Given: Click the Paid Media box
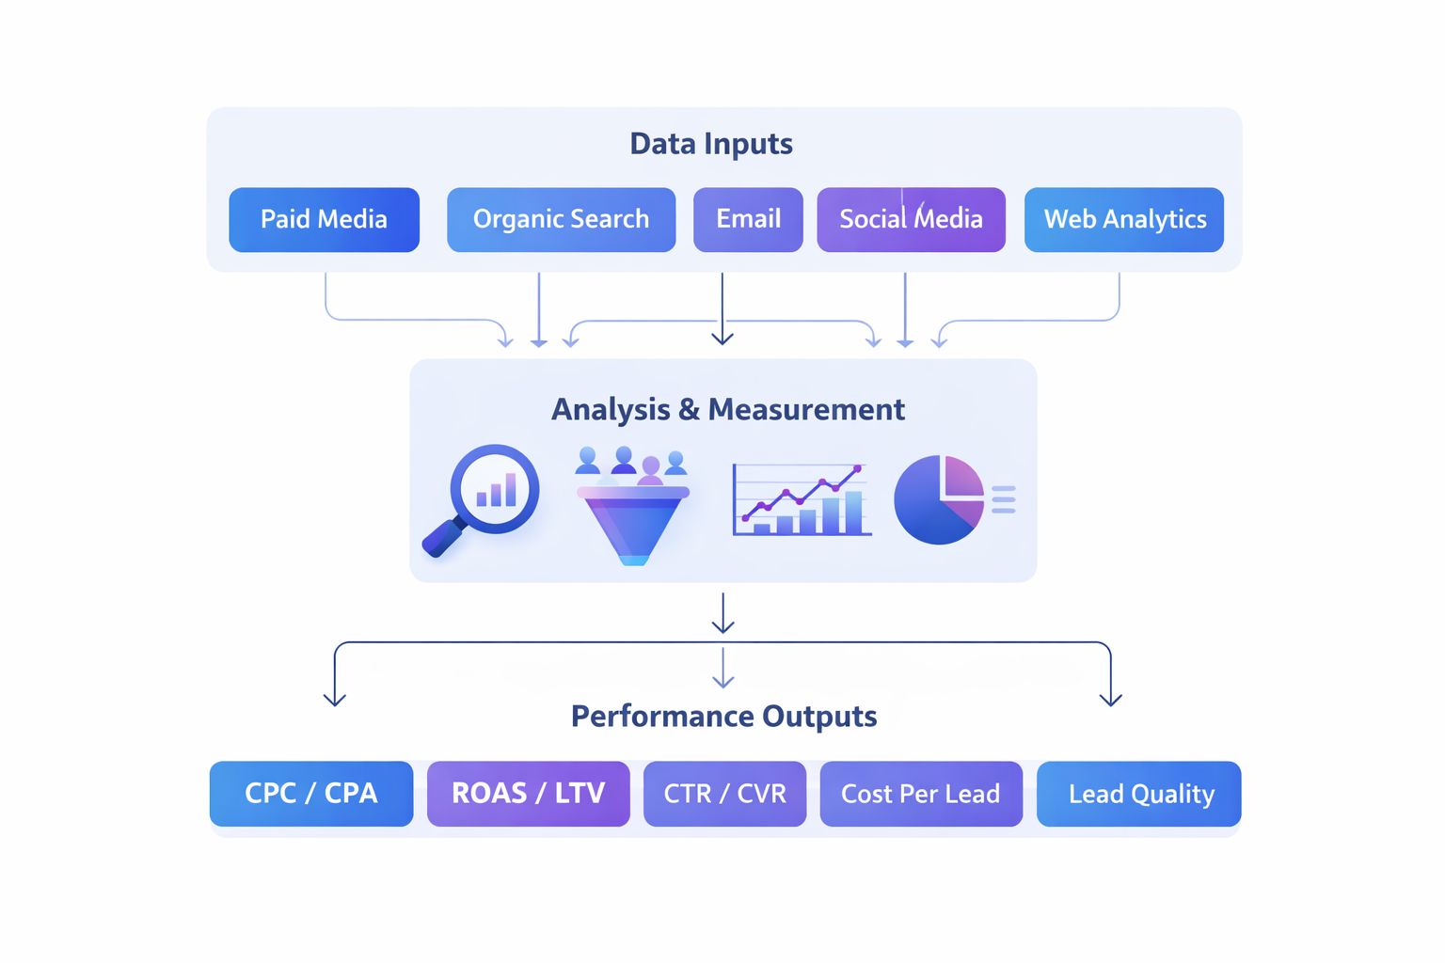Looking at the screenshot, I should (324, 219).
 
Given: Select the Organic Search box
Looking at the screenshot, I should (561, 219).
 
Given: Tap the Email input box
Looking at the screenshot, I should (748, 219).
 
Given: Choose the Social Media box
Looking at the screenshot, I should (911, 219).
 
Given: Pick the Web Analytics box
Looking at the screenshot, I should (1123, 219).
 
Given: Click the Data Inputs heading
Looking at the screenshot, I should (711, 144).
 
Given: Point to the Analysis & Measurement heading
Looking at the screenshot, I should (727, 409).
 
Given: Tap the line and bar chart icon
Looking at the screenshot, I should (802, 501).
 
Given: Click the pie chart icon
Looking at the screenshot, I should (939, 499).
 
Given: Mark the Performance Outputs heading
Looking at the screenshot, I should (723, 716).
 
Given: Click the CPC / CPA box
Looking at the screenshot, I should (311, 794).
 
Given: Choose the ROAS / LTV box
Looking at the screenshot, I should (528, 794).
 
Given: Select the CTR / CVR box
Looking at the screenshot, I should (724, 794).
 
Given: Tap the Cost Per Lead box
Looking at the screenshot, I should (920, 794).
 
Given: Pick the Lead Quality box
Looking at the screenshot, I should (1138, 794).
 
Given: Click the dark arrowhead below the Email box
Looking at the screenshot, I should (722, 338).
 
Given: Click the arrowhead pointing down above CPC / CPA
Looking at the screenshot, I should (335, 700).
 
